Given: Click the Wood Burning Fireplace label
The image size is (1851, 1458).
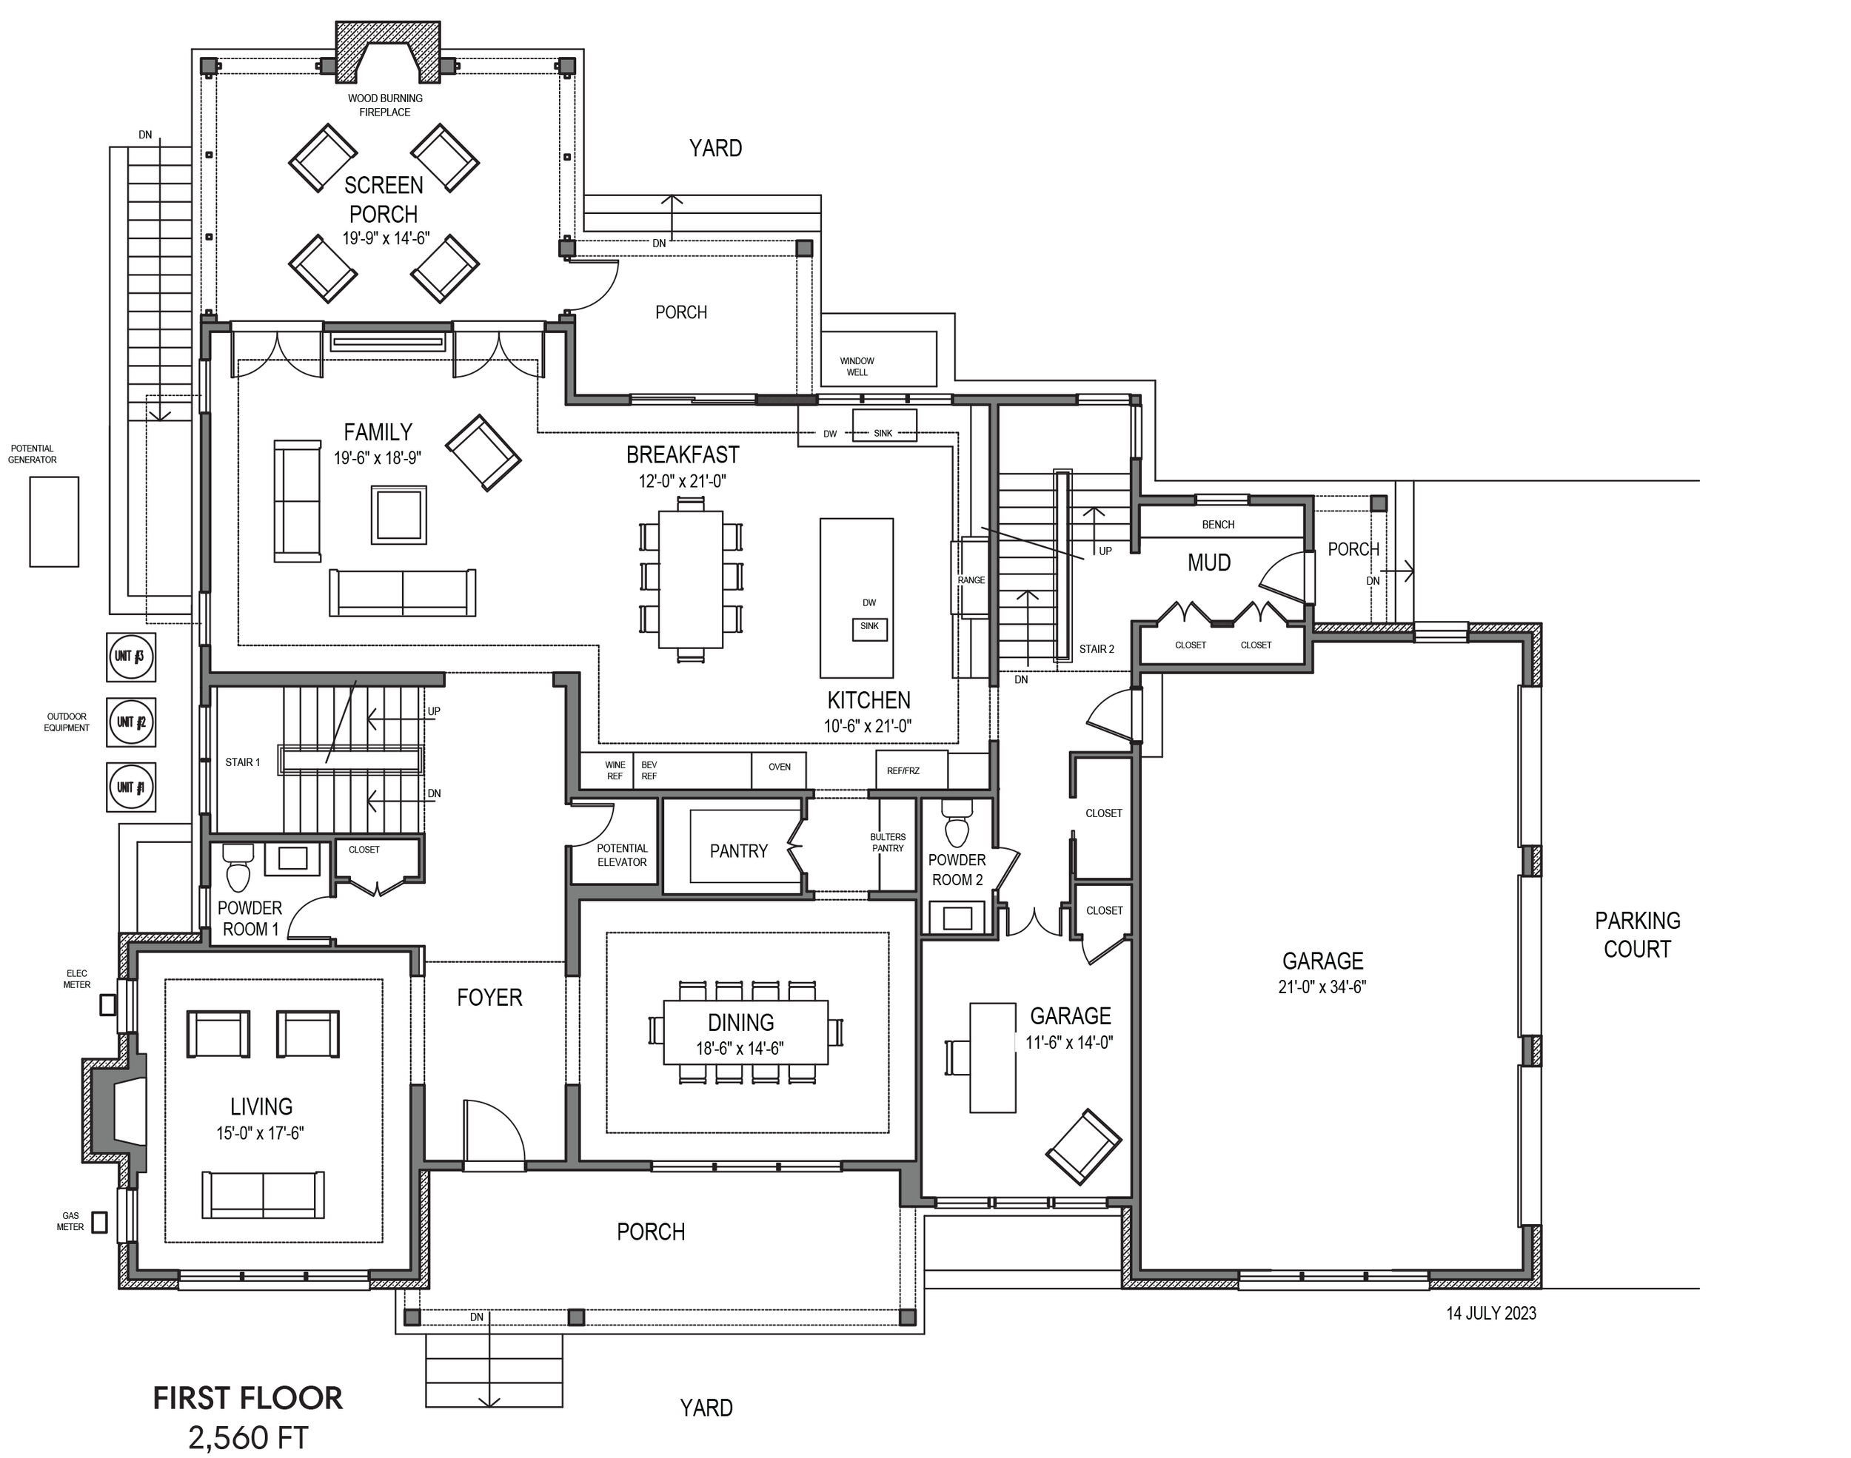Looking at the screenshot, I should pos(384,105).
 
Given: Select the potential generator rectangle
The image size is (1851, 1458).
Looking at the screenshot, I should pos(54,522).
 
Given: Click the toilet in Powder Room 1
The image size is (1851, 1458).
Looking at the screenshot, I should pos(238,868).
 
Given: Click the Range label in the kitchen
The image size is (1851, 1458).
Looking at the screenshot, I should pos(971,580).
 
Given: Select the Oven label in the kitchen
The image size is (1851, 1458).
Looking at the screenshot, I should pos(779,767).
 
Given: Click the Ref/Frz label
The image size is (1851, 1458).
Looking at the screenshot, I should pos(903,771).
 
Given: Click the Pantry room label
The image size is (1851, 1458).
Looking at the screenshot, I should pos(738,851).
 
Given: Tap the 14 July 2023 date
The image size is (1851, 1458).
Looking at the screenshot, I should pos(1490,1314).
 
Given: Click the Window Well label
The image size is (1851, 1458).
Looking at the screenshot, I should pos(857,367).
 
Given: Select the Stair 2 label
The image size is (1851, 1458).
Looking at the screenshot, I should pos(1097,650).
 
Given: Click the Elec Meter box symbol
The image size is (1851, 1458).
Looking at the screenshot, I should pos(107,1005).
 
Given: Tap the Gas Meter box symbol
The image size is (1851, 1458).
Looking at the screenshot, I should pos(100,1223).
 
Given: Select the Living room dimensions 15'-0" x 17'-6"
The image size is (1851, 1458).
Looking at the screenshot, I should pos(261,1134).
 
